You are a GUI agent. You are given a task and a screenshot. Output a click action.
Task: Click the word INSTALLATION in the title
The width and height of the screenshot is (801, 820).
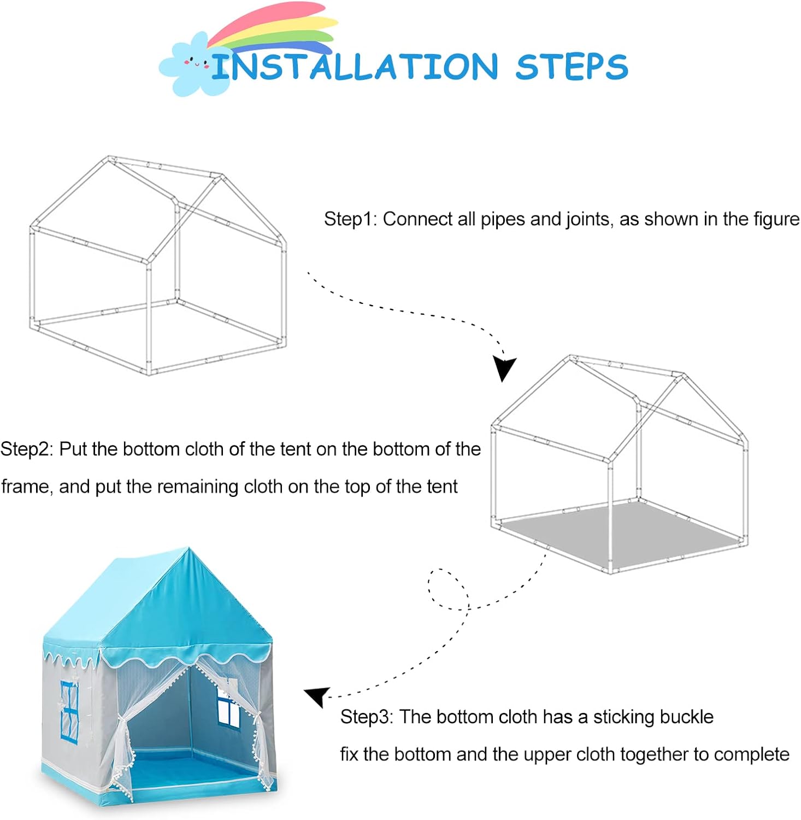coord(354,67)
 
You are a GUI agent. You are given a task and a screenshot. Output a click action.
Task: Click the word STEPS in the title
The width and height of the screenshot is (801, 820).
coord(572,67)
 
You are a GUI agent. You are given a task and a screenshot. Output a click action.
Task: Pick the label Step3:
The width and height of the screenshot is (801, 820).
coord(367,717)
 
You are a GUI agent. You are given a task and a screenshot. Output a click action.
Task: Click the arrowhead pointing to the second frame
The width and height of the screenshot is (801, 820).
coord(503,368)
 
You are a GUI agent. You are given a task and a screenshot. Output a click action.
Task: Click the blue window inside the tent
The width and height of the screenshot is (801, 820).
coord(229,707)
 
